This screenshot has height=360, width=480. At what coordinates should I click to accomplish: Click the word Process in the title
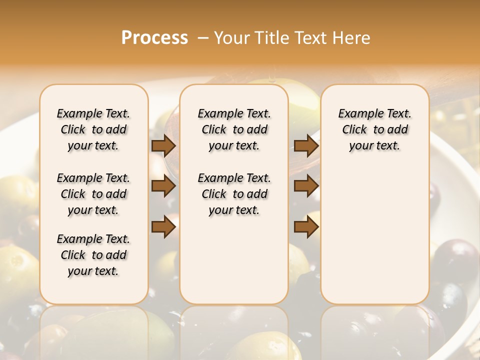pos(154,38)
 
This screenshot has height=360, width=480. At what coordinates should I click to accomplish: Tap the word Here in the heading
pos(352,38)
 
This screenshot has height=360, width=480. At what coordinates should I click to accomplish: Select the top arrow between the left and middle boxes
pos(163,145)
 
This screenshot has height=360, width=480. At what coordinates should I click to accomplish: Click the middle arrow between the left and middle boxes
pos(163,186)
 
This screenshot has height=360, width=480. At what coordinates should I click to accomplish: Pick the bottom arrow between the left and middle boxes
pos(163,227)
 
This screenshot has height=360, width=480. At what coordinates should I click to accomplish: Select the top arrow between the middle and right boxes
pos(306,145)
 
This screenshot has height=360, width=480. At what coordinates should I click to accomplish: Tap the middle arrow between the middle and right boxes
pos(306,186)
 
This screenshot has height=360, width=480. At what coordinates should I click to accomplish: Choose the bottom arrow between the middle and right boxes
pos(306,227)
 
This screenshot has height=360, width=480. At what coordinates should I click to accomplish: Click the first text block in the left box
pos(93,129)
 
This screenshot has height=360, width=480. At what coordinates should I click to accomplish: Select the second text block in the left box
pos(93,194)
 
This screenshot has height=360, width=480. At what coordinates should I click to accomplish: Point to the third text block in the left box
pos(93,255)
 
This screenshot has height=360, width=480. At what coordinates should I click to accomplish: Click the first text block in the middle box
pos(234,129)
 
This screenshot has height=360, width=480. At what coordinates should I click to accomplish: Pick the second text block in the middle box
pos(234,194)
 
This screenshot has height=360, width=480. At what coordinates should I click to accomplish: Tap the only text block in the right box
pos(375,129)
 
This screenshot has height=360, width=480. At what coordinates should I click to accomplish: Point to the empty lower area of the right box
pos(375,235)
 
